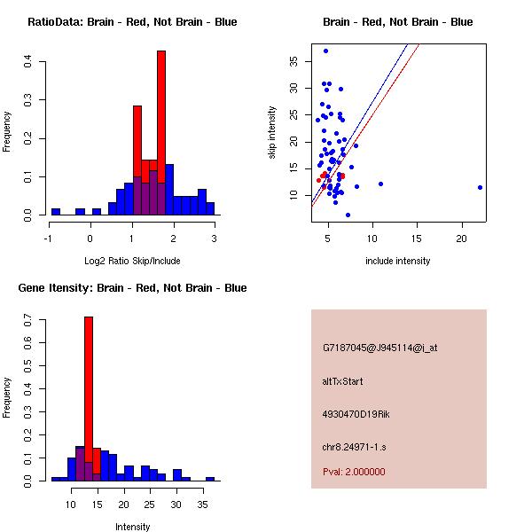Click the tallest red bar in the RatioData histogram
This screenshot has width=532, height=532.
tap(160, 133)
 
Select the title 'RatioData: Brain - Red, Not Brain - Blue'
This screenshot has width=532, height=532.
tap(132, 22)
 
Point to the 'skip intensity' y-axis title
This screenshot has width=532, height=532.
tap(272, 133)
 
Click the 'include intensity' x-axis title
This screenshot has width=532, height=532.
tap(397, 261)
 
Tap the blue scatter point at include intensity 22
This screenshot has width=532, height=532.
tap(480, 187)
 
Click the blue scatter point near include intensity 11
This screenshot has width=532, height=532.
tap(380, 184)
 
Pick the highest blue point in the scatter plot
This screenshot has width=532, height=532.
tap(325, 51)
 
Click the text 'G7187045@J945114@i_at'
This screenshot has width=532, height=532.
tap(379, 348)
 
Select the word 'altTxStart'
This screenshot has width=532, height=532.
tap(342, 381)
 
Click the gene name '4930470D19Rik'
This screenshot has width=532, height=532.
tap(356, 414)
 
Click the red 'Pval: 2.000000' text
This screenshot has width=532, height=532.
tap(354, 472)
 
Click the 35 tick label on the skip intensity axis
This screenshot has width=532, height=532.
tap(293, 61)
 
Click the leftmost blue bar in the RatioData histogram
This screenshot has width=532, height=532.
tap(56, 212)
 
